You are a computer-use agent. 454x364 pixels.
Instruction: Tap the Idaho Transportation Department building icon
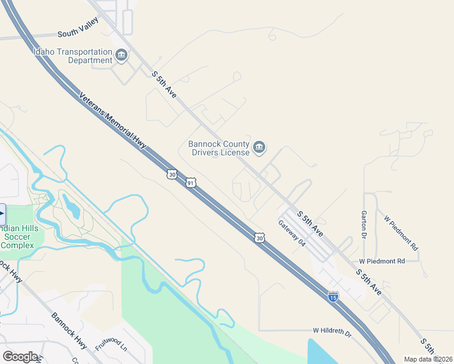[121, 56]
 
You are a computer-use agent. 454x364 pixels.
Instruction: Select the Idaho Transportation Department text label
[73, 56]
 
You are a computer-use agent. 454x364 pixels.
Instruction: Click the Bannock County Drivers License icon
[259, 148]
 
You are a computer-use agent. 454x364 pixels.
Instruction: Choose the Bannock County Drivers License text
[219, 148]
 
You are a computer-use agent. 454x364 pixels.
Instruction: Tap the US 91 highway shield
[191, 183]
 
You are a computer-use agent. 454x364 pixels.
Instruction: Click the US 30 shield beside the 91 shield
[172, 175]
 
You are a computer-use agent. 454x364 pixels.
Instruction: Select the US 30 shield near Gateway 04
[260, 238]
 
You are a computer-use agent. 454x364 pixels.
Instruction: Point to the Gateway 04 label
[291, 232]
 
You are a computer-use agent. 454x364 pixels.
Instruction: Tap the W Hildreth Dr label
[332, 332]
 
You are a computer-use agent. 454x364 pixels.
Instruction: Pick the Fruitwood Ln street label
[111, 340]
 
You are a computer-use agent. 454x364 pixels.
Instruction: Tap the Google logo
[20, 357]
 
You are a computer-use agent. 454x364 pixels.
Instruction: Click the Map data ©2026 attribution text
[429, 359]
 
